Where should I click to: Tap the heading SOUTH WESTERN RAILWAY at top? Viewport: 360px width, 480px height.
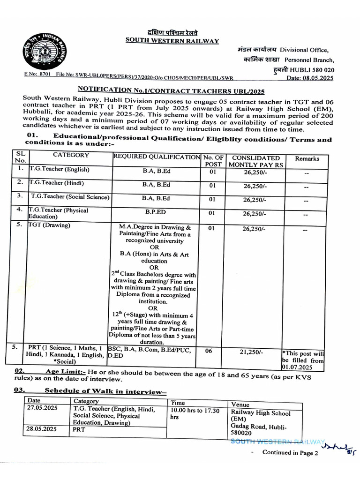[x=172, y=41]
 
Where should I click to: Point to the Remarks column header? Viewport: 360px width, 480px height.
[x=307, y=159]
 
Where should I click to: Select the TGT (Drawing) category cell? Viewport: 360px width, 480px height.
[x=49, y=225]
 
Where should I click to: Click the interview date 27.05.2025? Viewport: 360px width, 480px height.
[x=43, y=408]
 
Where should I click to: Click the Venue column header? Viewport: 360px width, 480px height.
[x=240, y=405]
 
